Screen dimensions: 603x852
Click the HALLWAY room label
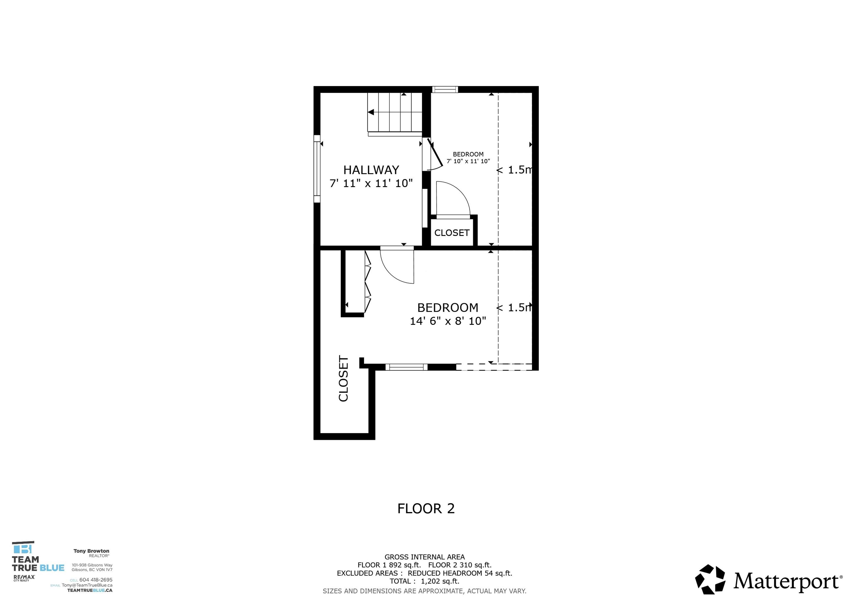[371, 170]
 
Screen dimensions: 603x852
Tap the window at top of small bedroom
[445, 89]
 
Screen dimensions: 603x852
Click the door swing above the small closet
[453, 199]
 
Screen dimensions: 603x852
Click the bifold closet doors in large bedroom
[368, 282]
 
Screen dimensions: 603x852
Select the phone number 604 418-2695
[96, 580]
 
